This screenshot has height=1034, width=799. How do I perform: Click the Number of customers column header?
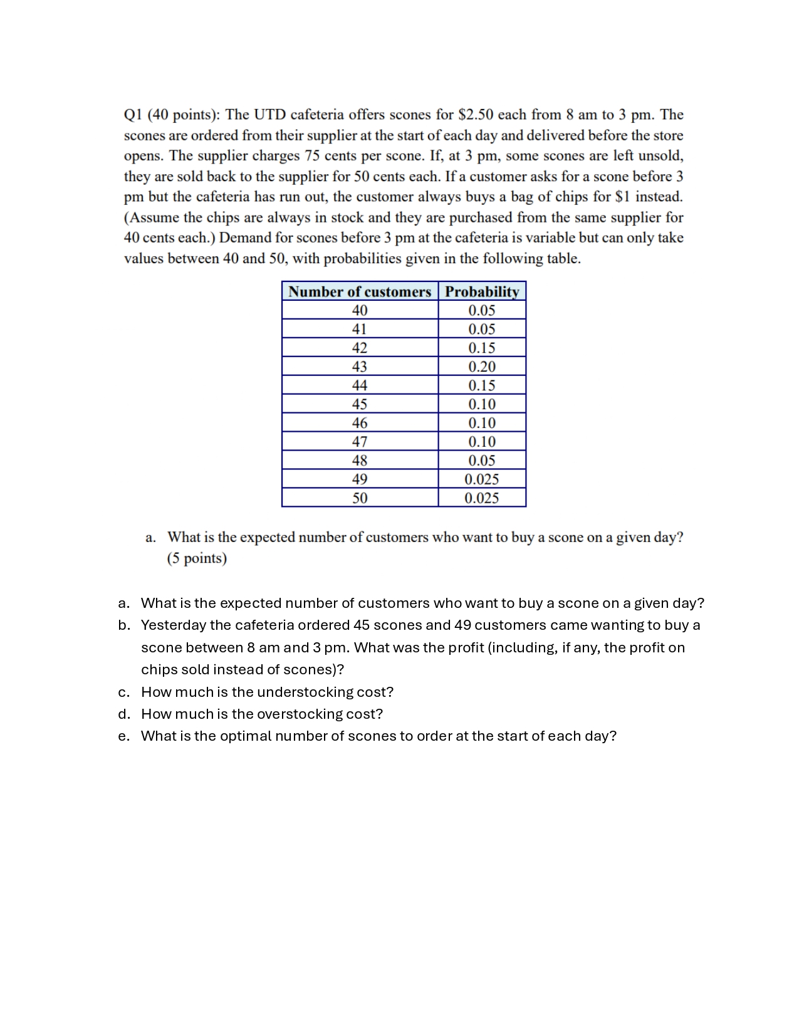click(360, 292)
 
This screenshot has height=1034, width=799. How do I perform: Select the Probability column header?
click(482, 292)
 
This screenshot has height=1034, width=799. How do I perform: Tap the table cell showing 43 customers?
click(360, 367)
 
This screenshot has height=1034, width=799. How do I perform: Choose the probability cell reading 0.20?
click(482, 367)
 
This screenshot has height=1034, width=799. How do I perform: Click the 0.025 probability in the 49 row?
click(482, 479)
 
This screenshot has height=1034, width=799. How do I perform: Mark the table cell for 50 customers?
click(360, 498)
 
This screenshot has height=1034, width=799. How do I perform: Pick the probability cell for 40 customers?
click(482, 310)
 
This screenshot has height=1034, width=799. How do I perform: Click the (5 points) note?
click(197, 558)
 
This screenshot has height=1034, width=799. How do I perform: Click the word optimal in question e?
click(246, 736)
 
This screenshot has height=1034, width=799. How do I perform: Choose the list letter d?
click(124, 714)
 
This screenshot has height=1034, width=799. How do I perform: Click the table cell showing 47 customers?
click(360, 442)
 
